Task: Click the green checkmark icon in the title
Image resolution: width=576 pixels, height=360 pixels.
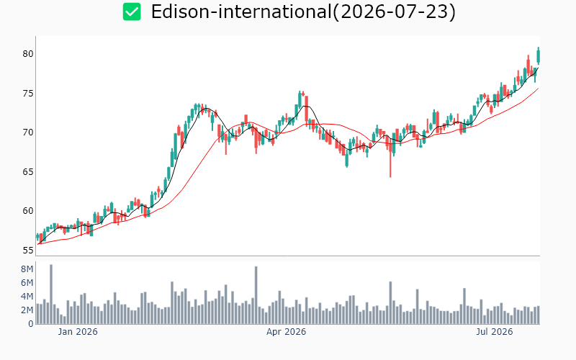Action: pyautogui.click(x=132, y=12)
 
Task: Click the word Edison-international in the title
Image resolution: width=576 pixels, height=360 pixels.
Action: pyautogui.click(x=241, y=12)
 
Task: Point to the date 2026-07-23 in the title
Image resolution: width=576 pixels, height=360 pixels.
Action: pyautogui.click(x=394, y=12)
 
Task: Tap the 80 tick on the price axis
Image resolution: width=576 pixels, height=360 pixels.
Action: pyautogui.click(x=28, y=54)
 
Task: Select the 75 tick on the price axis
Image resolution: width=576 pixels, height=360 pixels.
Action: pyautogui.click(x=28, y=94)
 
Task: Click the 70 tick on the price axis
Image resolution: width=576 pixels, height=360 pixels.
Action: pyautogui.click(x=28, y=132)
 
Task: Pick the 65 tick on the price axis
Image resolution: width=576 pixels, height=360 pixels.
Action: pyautogui.click(x=28, y=171)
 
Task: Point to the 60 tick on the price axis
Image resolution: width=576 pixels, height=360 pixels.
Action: pyautogui.click(x=28, y=211)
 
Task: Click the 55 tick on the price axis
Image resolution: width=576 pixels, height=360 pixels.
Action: pyautogui.click(x=28, y=251)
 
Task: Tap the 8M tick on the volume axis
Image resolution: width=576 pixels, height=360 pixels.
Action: pyautogui.click(x=27, y=269)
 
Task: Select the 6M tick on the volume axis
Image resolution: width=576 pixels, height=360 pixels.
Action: pyautogui.click(x=27, y=283)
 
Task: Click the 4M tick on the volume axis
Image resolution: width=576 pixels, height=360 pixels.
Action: pyautogui.click(x=27, y=297)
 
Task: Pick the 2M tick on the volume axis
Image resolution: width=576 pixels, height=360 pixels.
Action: pyautogui.click(x=27, y=310)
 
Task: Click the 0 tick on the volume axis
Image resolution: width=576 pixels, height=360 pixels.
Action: pyautogui.click(x=31, y=324)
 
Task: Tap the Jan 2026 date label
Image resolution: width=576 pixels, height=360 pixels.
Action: pyautogui.click(x=78, y=332)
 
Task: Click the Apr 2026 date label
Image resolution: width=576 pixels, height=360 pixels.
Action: pyautogui.click(x=286, y=332)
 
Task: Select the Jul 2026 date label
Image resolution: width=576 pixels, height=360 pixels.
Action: pyautogui.click(x=495, y=332)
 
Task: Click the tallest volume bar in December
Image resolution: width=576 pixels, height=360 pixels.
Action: pyautogui.click(x=51, y=294)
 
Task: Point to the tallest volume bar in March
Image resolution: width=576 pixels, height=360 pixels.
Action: pyautogui.click(x=256, y=295)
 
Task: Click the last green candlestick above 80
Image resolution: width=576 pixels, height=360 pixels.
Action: pyautogui.click(x=539, y=57)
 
